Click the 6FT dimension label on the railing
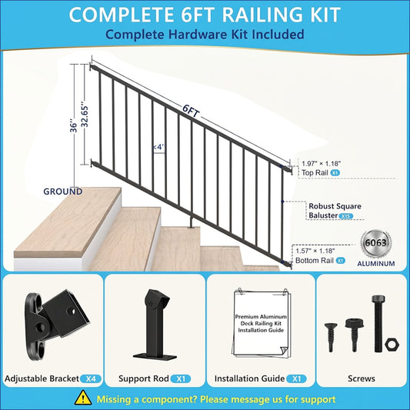tap(191, 112)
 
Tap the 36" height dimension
tap(74, 126)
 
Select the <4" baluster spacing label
tap(159, 147)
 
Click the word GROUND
tap(63, 192)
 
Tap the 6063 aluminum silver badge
tap(375, 243)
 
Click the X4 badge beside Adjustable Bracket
tap(91, 378)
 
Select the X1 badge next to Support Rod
tap(181, 378)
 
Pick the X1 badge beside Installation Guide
tap(296, 378)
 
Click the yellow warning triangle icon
tap(83, 398)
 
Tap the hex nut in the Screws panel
tap(392, 345)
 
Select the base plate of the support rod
tap(155, 356)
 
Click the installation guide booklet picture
tap(262, 323)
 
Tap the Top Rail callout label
tap(315, 172)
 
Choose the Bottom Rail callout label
tap(315, 261)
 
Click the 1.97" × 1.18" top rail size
tap(321, 163)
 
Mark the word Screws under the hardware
tap(362, 378)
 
